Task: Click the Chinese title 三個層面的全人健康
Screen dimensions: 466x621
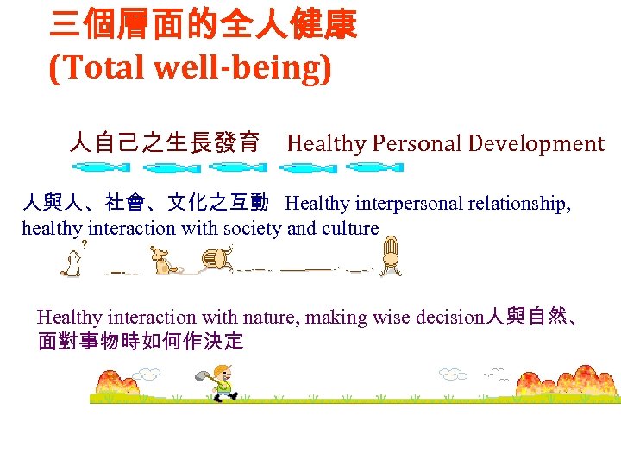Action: pyautogui.click(x=203, y=25)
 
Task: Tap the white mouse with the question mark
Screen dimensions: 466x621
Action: pyautogui.click(x=71, y=263)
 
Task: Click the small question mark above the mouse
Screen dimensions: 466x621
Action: pyautogui.click(x=85, y=245)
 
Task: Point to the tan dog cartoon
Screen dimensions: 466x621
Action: pyautogui.click(x=161, y=260)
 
